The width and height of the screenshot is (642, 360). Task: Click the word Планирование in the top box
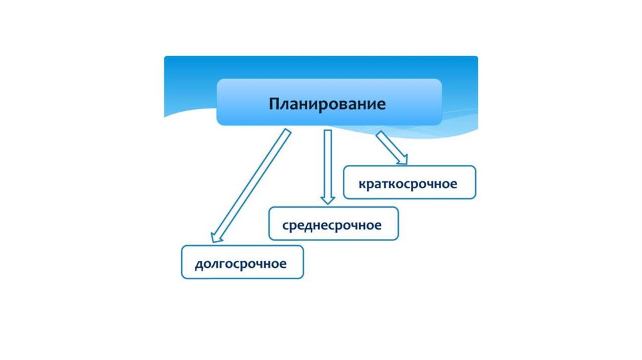click(x=327, y=103)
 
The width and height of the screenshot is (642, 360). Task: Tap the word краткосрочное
click(x=409, y=184)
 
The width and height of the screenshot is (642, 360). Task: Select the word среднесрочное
click(x=332, y=225)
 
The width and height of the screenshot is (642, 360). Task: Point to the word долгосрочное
click(x=241, y=264)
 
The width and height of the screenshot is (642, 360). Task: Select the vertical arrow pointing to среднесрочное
click(x=327, y=163)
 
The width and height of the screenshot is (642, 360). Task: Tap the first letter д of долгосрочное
click(x=199, y=265)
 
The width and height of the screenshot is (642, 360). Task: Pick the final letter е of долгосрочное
click(x=283, y=264)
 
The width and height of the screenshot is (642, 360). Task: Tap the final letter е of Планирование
click(x=381, y=103)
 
